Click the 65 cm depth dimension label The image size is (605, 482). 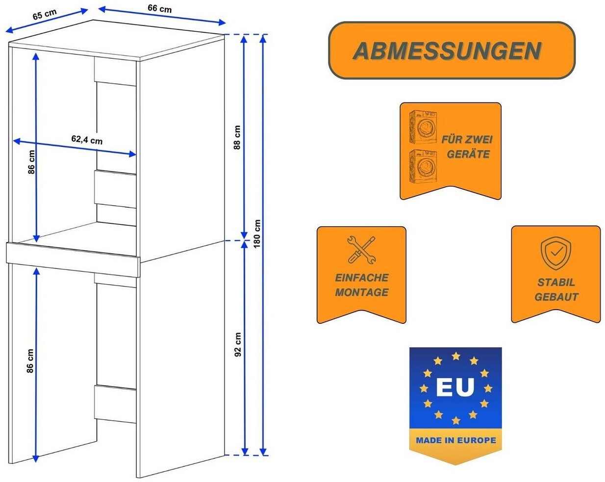tap(45, 14)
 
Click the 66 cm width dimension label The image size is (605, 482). tap(160, 8)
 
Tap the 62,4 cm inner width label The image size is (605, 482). tap(87, 140)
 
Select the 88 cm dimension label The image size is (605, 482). tap(237, 138)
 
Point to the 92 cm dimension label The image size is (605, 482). tap(238, 345)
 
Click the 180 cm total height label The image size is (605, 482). tap(257, 234)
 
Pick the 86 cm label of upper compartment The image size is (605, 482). tap(31, 162)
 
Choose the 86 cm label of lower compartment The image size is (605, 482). tap(30, 361)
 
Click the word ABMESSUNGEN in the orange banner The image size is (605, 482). tap(447, 51)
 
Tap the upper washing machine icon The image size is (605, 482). tap(423, 126)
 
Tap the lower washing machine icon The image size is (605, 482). tap(423, 166)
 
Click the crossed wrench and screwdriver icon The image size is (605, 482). tap(361, 250)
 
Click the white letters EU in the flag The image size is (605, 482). tap(455, 387)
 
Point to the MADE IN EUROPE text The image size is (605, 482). tap(455, 440)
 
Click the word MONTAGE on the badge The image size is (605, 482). tap(362, 292)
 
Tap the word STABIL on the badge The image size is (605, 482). tap(556, 282)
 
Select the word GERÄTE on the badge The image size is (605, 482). tap(468, 154)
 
